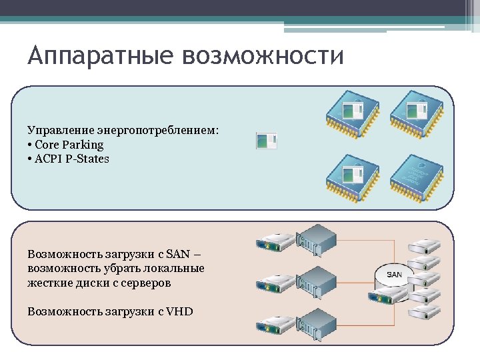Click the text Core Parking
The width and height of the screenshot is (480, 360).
point(69,145)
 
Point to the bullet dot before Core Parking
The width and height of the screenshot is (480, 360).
point(31,145)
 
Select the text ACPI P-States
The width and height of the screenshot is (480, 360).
point(72,159)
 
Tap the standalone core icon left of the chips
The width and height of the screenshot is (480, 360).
point(267,141)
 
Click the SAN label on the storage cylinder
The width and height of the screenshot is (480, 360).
point(395,275)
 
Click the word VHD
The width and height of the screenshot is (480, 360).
point(180,311)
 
